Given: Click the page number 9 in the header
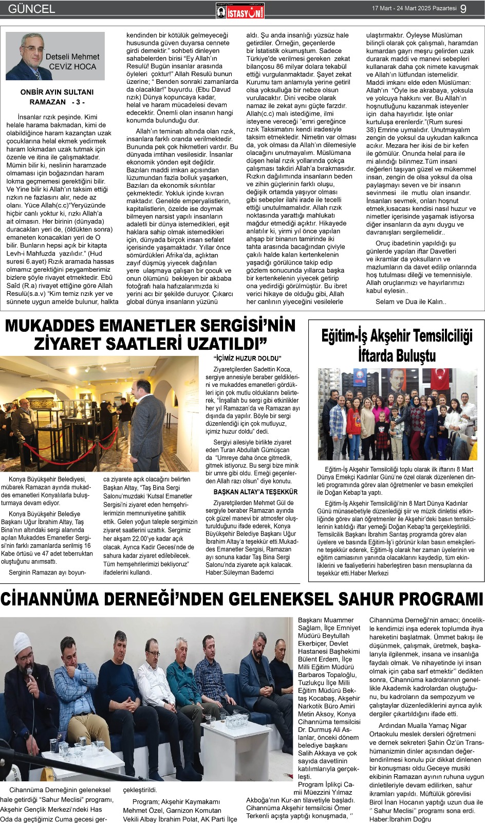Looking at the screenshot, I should pyautogui.click(x=464, y=9).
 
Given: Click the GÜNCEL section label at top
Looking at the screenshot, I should pyautogui.click(x=31, y=9).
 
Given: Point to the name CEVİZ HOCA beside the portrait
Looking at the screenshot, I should pyautogui.click(x=72, y=67).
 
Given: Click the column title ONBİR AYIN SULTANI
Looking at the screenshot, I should pyautogui.click(x=57, y=92).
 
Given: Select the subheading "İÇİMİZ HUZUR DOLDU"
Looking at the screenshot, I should pyautogui.click(x=247, y=359).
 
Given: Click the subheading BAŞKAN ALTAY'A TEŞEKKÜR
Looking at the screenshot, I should pyautogui.click(x=255, y=492).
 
